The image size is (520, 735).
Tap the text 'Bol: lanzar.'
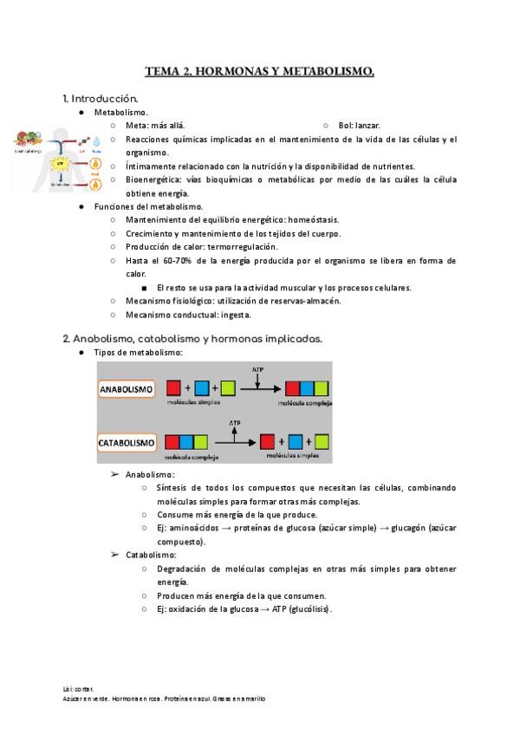pyautogui.click(x=358, y=126)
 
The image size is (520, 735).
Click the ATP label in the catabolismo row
pyautogui.click(x=234, y=423)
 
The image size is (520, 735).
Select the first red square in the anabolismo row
pyautogui.click(x=173, y=389)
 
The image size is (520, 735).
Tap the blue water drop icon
pyautogui.click(x=96, y=140)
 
